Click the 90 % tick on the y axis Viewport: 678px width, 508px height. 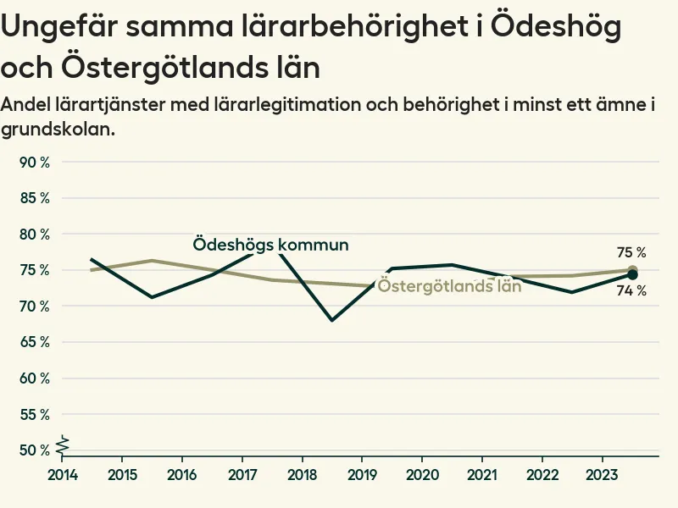34,162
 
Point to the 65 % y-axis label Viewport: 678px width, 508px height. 34,342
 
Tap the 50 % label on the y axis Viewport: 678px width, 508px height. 34,450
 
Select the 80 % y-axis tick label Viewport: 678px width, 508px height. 34,234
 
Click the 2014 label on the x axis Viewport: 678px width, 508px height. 63,473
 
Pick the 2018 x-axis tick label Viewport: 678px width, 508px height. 303,473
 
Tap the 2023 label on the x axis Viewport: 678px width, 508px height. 602,473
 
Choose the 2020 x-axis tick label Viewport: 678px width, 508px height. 422,473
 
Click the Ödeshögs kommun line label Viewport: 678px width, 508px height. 270,245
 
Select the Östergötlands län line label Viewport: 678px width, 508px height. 449,285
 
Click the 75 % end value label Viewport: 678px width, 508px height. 631,252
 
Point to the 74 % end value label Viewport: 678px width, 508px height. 631,290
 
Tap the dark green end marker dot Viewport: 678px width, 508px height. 632,274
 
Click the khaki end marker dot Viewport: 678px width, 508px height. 632,270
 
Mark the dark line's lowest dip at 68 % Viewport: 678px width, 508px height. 332,320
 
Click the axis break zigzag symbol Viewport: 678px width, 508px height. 61,443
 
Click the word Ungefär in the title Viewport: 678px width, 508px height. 57,28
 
